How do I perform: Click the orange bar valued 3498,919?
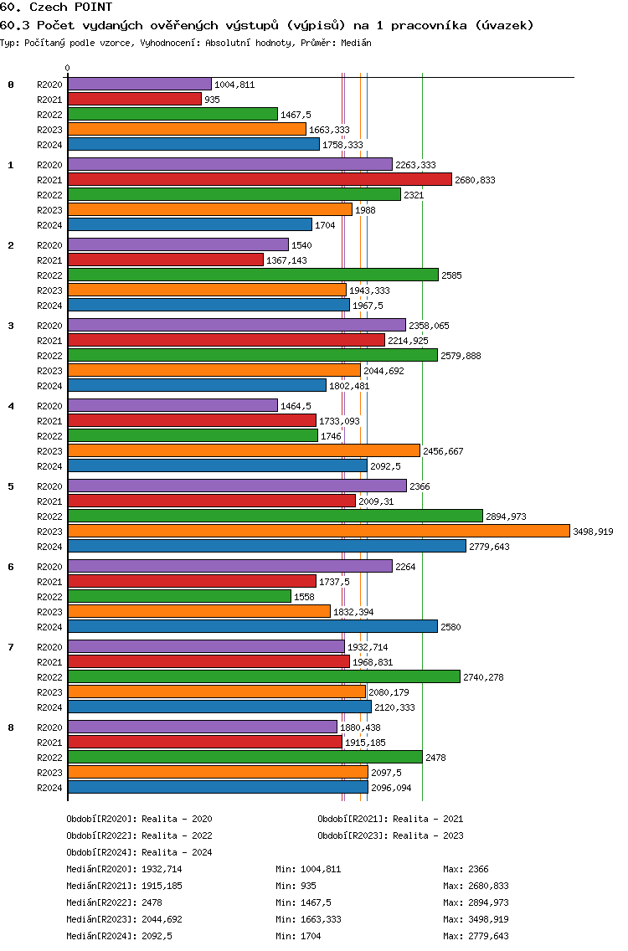tap(318, 531)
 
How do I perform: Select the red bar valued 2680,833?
tap(260, 179)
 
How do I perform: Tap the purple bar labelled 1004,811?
tap(139, 84)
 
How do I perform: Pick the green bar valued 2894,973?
tap(275, 516)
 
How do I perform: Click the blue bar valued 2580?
tap(252, 626)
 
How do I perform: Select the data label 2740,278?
tap(483, 677)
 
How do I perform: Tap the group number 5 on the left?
tap(11, 486)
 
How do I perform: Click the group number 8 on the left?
tap(11, 727)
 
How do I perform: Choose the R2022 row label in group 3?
tap(50, 356)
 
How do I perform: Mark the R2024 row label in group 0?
tap(50, 145)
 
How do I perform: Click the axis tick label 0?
tap(68, 68)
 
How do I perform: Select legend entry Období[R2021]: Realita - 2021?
tap(390, 819)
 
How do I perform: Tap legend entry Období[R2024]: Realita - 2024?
tap(139, 852)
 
